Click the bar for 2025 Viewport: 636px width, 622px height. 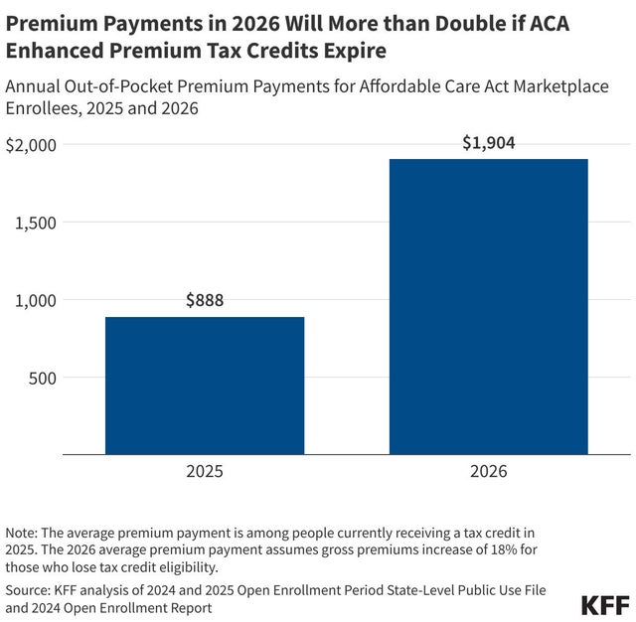pos(205,386)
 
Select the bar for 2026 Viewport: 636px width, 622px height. pos(488,307)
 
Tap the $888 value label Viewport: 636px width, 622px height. pos(205,300)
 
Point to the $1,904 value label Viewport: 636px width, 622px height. pos(488,142)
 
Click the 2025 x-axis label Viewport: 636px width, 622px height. pos(205,471)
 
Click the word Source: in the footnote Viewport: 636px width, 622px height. pos(31,588)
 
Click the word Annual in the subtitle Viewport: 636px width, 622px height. pos(34,86)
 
